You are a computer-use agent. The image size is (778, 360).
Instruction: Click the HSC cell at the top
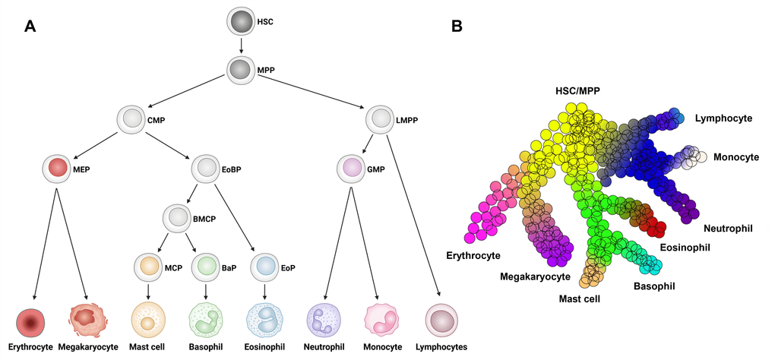tap(241, 22)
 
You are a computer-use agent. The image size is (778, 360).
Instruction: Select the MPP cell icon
tap(241, 71)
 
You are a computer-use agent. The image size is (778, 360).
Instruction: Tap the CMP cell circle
tap(133, 119)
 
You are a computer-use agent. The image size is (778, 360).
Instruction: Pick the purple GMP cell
tap(350, 168)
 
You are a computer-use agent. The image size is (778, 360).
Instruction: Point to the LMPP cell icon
tap(380, 119)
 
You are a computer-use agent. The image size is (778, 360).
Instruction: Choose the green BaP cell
tap(205, 267)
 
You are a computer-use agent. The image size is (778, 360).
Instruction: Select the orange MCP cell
tap(148, 267)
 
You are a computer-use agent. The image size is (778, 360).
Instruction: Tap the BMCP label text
tap(204, 219)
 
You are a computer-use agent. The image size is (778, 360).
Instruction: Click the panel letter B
tap(457, 26)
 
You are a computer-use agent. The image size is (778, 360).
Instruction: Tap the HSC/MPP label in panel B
tap(578, 90)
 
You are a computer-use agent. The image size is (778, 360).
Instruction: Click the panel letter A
tap(30, 26)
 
